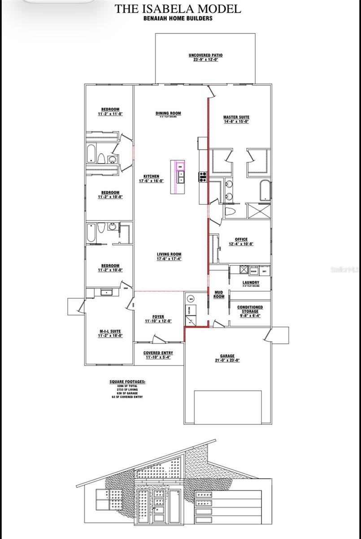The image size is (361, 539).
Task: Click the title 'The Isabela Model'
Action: pos(178,9)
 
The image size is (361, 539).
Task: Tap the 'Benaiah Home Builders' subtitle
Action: pos(178,19)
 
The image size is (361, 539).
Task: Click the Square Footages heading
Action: pos(128,382)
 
